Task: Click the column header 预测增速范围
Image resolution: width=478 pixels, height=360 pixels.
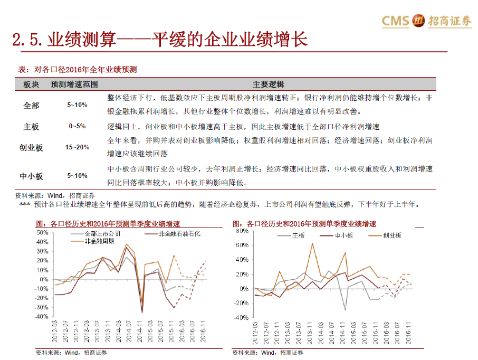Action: point(74,84)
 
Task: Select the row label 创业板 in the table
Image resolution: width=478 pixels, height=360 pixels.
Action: point(31,147)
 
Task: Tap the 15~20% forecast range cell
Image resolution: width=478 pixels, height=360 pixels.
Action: point(77,147)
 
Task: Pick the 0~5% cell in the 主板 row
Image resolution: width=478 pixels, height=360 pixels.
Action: point(77,127)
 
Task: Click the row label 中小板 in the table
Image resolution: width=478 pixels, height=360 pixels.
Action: point(31,176)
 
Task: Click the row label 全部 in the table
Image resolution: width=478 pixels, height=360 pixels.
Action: point(31,105)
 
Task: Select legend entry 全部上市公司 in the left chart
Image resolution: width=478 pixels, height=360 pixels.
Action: point(103,233)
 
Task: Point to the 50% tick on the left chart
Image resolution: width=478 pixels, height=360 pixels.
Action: point(42,232)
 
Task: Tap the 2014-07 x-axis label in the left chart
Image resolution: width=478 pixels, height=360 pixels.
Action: point(129,331)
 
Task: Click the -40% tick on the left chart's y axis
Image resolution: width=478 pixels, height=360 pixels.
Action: point(41,317)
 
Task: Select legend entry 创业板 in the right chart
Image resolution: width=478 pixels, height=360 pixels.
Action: point(392,236)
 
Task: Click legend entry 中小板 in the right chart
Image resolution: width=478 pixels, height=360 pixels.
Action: point(346,236)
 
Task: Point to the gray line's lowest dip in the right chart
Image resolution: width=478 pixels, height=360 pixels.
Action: point(346,310)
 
